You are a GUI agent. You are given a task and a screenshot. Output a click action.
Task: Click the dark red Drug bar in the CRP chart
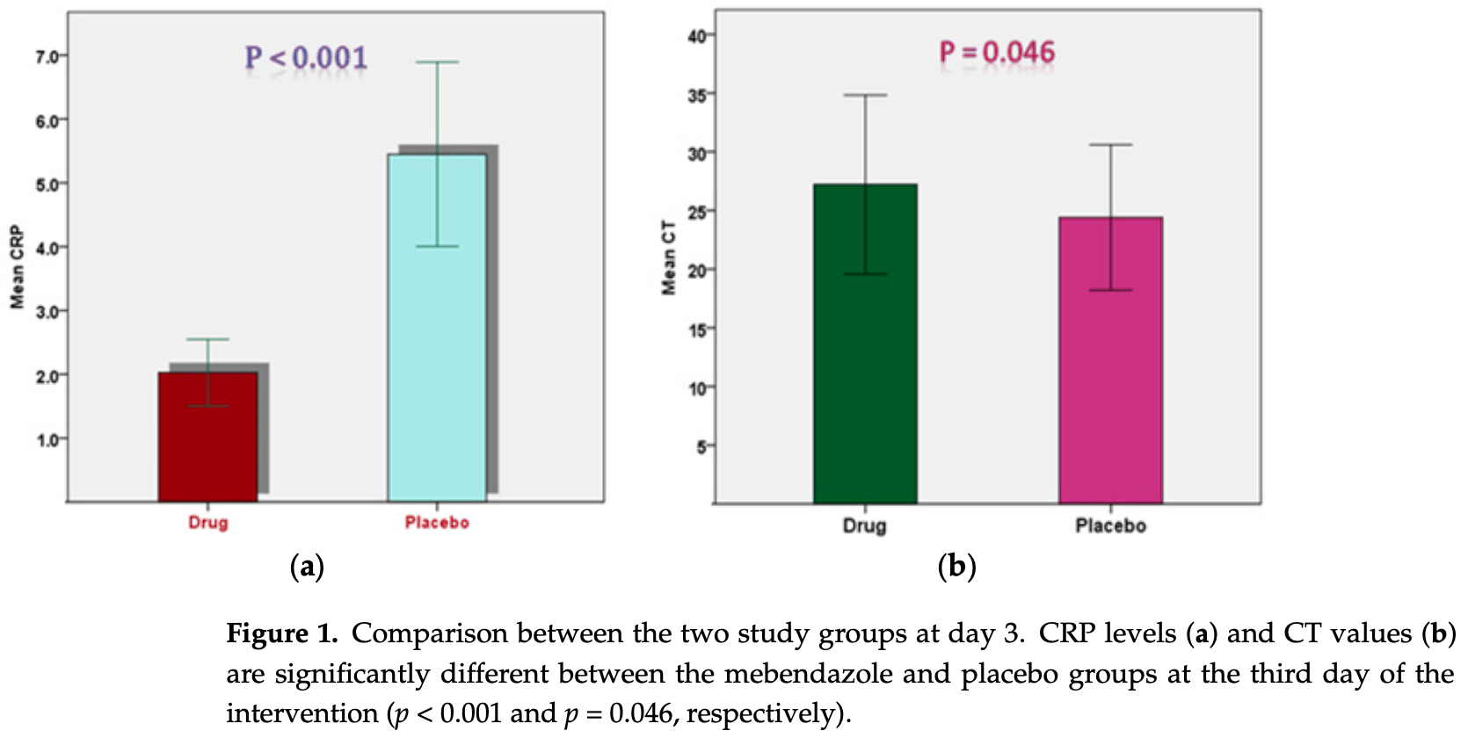(x=207, y=448)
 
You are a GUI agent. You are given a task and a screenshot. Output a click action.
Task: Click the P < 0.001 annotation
(x=306, y=58)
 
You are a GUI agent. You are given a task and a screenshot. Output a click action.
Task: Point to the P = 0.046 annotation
(x=997, y=53)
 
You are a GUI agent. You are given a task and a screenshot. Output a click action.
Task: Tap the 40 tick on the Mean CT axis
(x=697, y=36)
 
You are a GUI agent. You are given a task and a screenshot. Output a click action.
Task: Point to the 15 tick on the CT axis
(x=697, y=329)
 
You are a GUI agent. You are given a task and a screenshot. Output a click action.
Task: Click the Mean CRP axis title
(x=17, y=267)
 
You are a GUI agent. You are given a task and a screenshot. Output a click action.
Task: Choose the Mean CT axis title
(x=669, y=257)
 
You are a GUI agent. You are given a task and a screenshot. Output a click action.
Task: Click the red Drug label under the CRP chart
(x=208, y=523)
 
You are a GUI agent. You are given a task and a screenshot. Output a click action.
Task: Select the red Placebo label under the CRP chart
(x=437, y=523)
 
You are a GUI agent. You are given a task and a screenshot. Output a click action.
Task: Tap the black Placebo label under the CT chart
(x=1110, y=526)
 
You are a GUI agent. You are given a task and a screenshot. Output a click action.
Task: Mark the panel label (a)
(x=307, y=567)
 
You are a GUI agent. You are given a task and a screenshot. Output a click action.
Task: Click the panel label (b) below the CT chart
(x=956, y=567)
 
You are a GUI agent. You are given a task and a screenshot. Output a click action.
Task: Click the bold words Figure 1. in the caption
(x=282, y=633)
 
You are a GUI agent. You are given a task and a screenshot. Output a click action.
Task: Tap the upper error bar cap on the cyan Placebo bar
(x=437, y=62)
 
